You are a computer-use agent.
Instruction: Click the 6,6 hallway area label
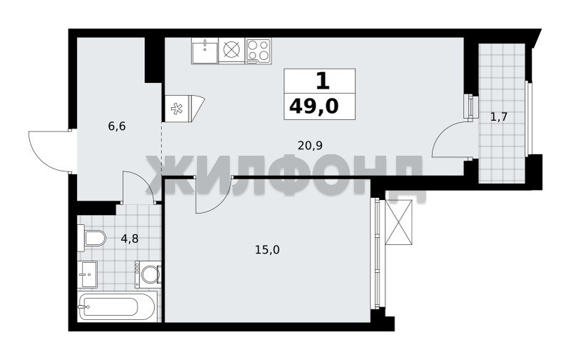(x=117, y=126)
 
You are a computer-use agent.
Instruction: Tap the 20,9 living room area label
(x=310, y=146)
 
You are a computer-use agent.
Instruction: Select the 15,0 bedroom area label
(x=267, y=249)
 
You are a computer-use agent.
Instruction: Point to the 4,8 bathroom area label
(x=130, y=239)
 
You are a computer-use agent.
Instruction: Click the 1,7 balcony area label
(x=498, y=117)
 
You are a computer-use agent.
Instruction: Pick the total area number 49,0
(x=314, y=106)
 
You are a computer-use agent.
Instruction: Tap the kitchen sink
(x=205, y=51)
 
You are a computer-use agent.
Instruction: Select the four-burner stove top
(x=258, y=50)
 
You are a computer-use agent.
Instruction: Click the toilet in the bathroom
(x=91, y=238)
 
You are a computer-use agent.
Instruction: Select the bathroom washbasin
(x=87, y=274)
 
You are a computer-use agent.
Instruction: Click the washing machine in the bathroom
(x=148, y=274)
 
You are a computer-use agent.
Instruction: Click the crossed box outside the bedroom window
(x=399, y=222)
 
